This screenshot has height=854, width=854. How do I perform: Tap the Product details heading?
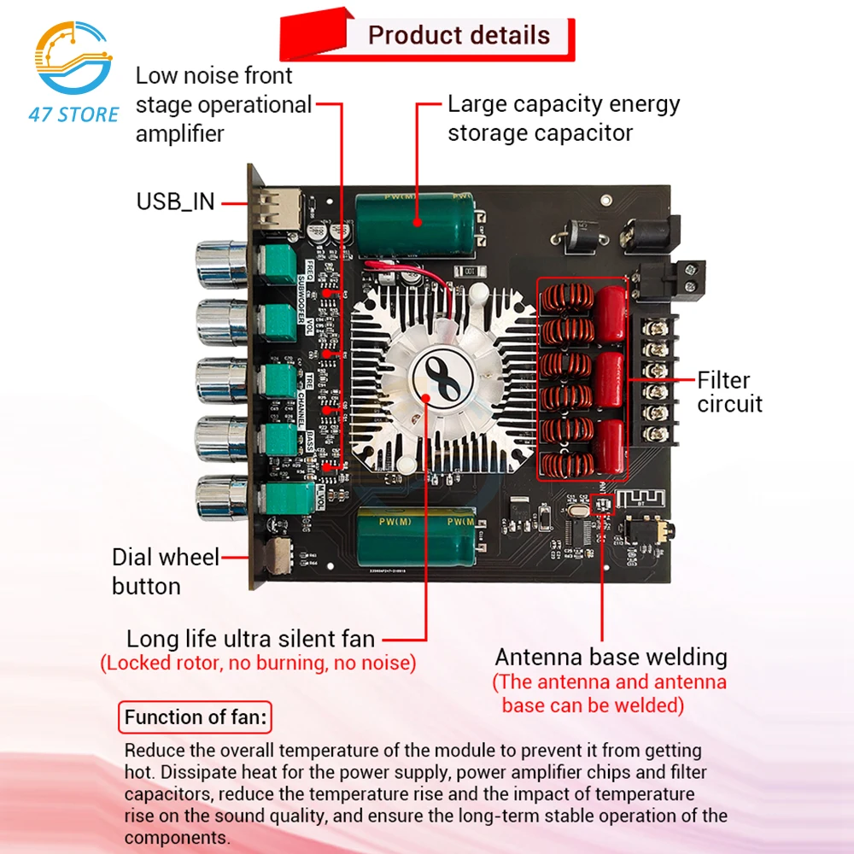click(x=459, y=36)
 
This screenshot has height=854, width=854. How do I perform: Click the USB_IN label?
click(x=175, y=202)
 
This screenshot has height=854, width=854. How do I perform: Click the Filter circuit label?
click(x=728, y=392)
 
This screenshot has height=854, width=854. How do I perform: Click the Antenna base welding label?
click(x=611, y=657)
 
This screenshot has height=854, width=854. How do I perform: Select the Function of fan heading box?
click(x=194, y=717)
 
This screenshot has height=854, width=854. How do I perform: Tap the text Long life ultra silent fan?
click(x=250, y=638)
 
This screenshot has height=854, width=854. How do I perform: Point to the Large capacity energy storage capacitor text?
click(x=564, y=118)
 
